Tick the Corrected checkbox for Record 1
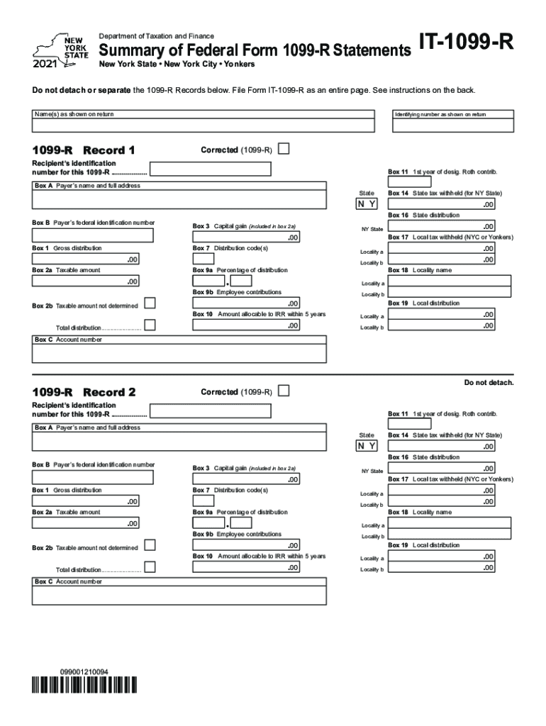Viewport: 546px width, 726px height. tap(284, 150)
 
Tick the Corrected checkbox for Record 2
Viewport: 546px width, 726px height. tap(284, 391)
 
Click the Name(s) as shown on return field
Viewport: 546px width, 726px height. tap(203, 125)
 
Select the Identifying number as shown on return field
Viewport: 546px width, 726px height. tap(452, 125)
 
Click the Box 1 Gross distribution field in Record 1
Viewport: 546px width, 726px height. tap(86, 259)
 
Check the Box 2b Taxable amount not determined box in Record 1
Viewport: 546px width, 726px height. tap(150, 304)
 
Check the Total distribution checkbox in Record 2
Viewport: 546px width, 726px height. tap(150, 568)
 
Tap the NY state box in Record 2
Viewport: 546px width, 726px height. tap(367, 446)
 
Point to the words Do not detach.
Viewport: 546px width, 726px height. tap(489, 383)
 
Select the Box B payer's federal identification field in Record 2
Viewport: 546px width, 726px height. tap(92, 477)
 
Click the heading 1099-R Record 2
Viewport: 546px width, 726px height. tap(84, 392)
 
